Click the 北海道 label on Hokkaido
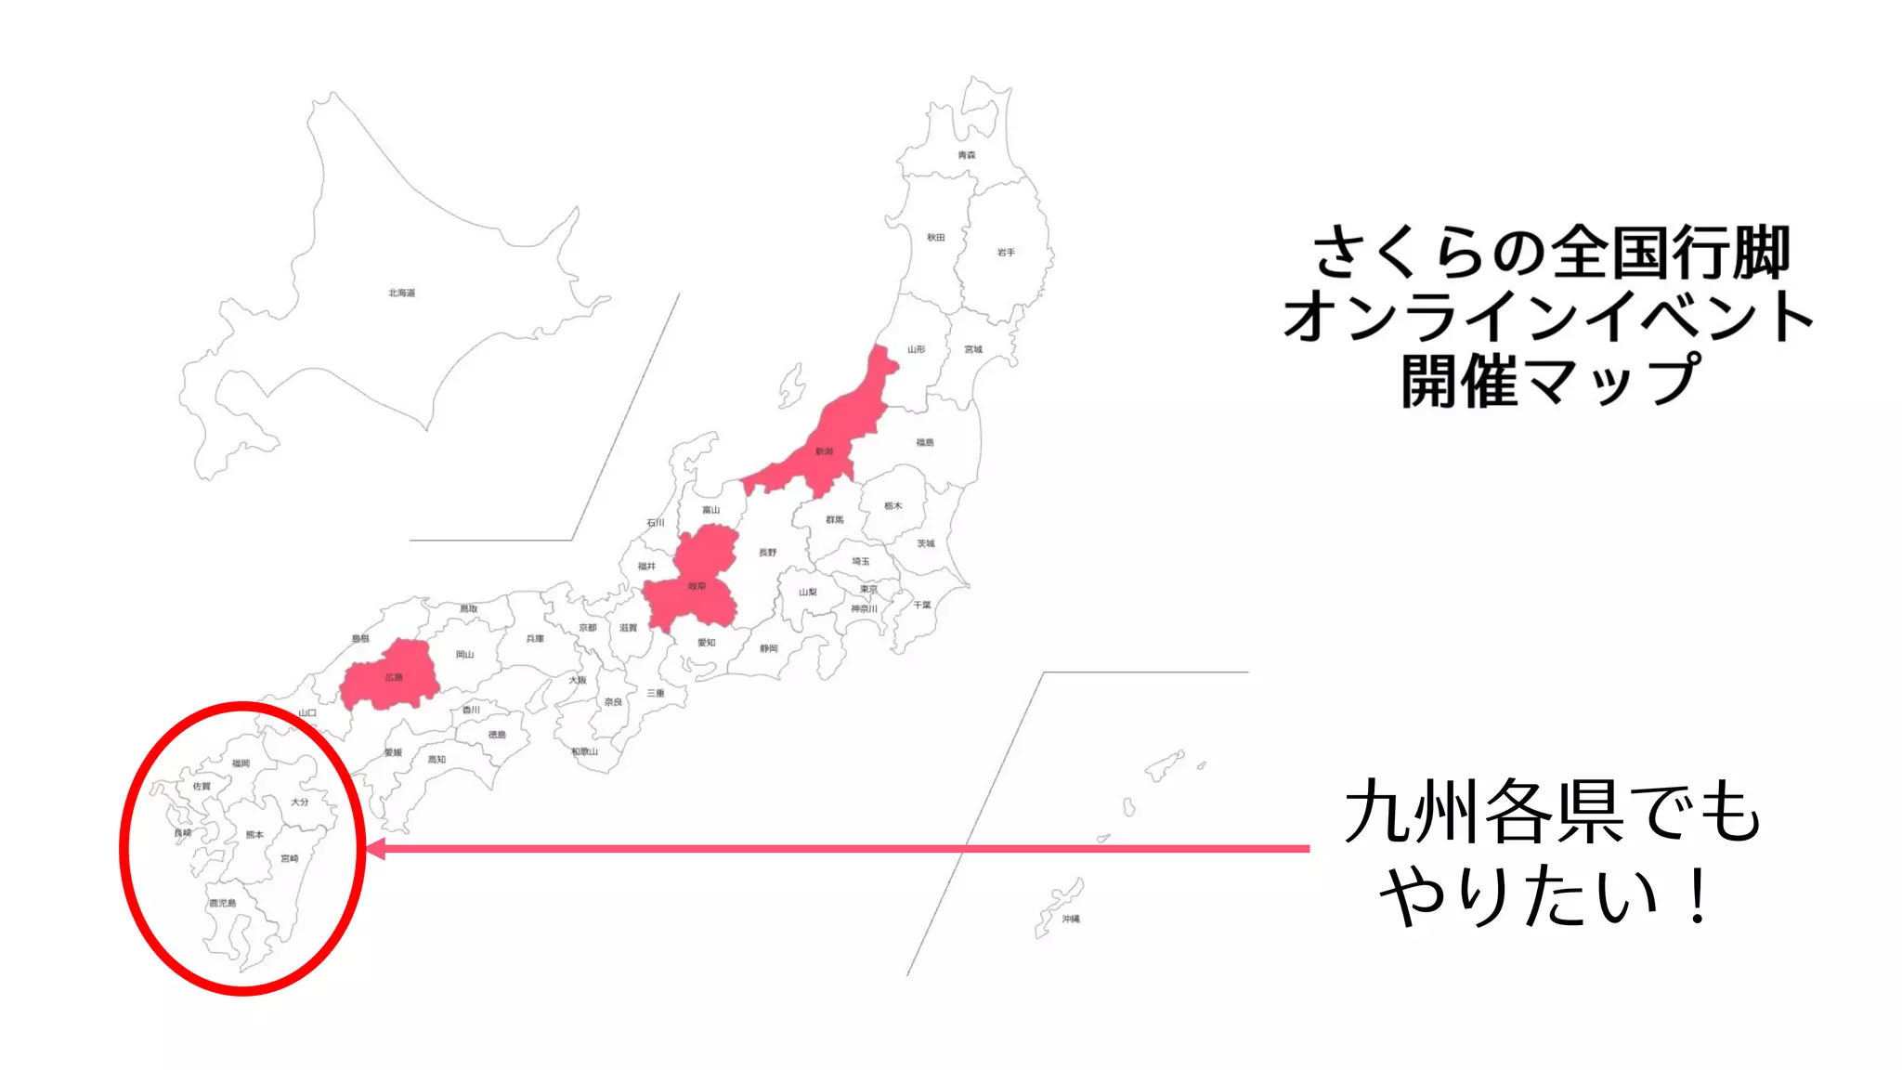(x=401, y=293)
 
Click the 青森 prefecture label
(x=967, y=155)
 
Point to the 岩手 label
(x=1006, y=252)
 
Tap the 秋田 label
(x=935, y=238)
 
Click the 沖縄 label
(x=1071, y=919)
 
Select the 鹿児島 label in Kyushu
(x=223, y=903)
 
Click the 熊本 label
(x=254, y=835)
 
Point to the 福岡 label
(x=241, y=763)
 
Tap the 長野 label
(x=767, y=553)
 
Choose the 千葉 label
(x=921, y=605)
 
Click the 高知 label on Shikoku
(x=436, y=760)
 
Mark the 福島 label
(x=925, y=442)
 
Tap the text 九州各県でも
(x=1553, y=812)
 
